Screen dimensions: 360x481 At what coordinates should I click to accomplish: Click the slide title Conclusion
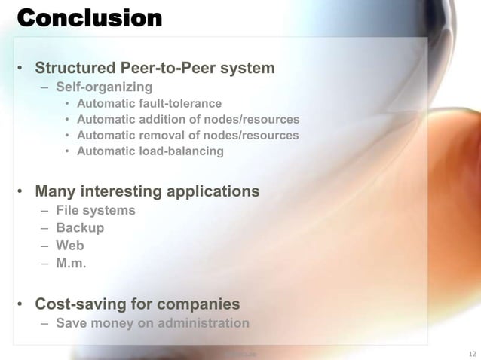point(89,18)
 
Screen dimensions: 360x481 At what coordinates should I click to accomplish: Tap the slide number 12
point(473,352)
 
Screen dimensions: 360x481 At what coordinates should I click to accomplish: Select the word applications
point(214,191)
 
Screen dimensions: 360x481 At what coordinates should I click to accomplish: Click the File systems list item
point(96,210)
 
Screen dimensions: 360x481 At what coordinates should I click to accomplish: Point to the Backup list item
point(80,227)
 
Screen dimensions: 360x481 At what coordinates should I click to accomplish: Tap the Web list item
point(70,246)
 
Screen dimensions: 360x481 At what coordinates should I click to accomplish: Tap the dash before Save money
point(45,323)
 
